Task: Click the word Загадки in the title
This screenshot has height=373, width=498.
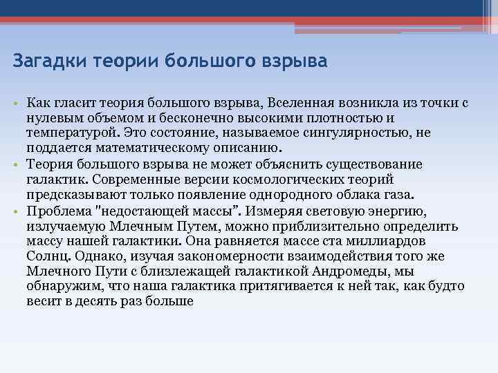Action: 44,61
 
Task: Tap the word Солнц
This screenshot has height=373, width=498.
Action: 44,256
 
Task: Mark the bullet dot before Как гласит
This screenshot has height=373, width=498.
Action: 17,104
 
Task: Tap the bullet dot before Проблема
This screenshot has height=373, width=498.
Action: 17,211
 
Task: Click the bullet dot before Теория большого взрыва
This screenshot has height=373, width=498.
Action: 17,164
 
